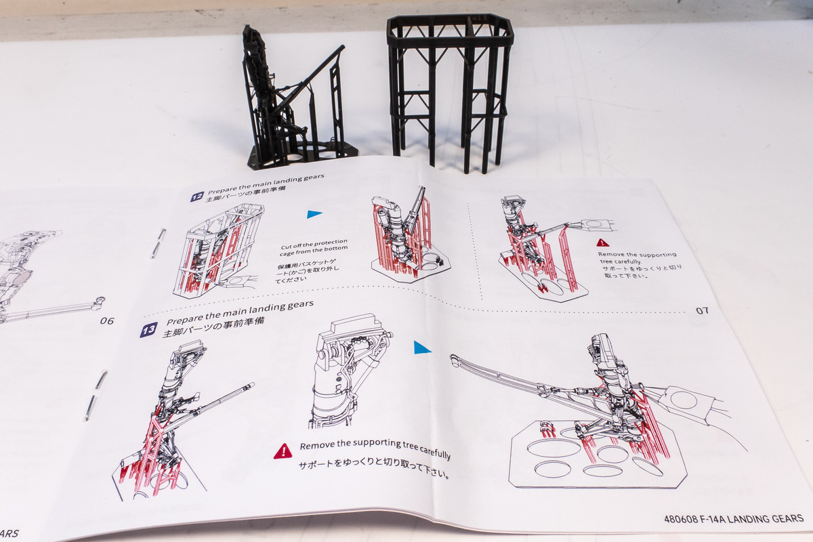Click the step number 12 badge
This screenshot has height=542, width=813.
pos(196,196)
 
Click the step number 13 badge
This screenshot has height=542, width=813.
pos(149,330)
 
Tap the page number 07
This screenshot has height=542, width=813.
pos(702,311)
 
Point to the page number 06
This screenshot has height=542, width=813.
pos(107,321)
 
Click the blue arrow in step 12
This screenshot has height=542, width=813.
pos(314,214)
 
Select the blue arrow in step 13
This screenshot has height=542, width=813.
pos(422,348)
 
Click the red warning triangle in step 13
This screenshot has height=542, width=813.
pos(283,451)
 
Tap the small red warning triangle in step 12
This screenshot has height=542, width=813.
pos(603,243)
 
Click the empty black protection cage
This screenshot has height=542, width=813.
pos(450,91)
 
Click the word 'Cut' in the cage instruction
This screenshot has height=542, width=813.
pos(286,247)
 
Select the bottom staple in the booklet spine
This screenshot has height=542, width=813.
pos(96,396)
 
